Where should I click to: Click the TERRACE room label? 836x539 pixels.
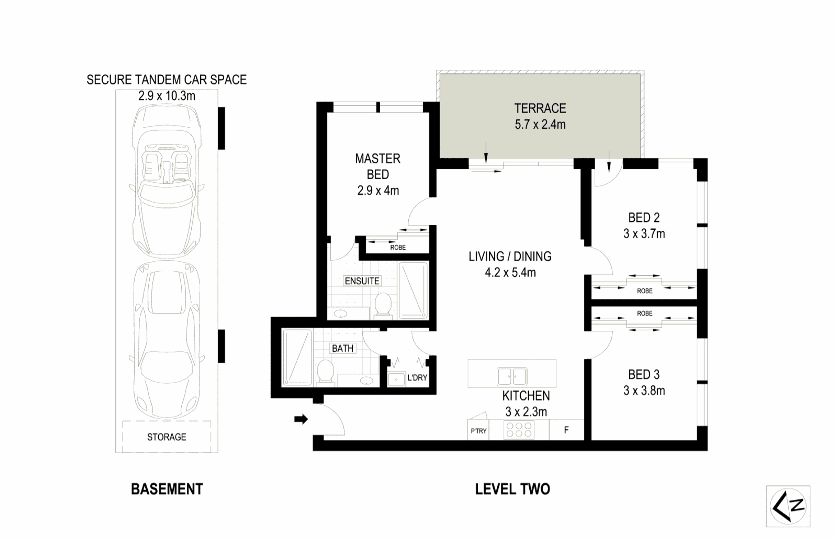click(x=540, y=108)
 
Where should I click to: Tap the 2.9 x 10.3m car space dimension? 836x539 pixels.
click(x=167, y=96)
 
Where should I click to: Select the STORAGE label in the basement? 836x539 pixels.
click(x=167, y=437)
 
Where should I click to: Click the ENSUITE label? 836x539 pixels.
click(x=362, y=281)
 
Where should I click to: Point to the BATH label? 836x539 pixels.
click(x=343, y=348)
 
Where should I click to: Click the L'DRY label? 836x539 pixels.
click(x=417, y=378)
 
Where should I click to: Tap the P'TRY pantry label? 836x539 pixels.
click(x=478, y=431)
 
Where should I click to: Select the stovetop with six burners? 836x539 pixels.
click(x=519, y=430)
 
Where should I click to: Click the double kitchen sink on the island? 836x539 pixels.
click(x=512, y=376)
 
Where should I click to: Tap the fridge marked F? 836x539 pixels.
click(x=566, y=430)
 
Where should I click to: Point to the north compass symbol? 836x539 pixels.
click(x=788, y=506)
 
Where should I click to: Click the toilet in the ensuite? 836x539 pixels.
click(x=383, y=304)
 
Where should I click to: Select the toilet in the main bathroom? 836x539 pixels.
click(x=325, y=372)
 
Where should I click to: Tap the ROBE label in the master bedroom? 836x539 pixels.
click(x=398, y=248)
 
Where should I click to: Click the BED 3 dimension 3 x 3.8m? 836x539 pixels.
click(x=644, y=391)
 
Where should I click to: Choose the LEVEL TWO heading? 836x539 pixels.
click(x=512, y=489)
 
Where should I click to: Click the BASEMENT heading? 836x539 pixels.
click(x=167, y=489)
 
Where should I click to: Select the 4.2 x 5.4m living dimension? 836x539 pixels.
click(x=510, y=272)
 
